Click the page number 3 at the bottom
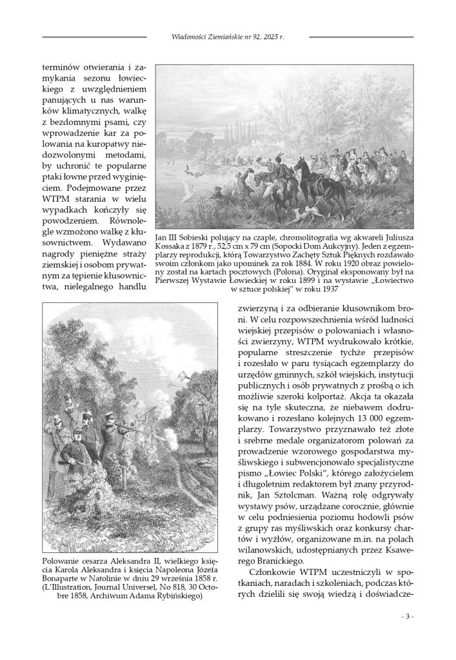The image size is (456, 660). coord(407,616)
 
